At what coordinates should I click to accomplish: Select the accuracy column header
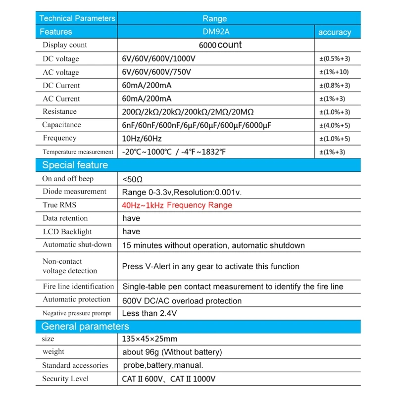click(335, 32)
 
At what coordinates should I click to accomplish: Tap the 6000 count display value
click(220, 45)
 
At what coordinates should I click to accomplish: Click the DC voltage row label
click(61, 59)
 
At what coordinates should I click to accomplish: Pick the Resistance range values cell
click(191, 112)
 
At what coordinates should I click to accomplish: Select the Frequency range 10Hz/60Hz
click(142, 139)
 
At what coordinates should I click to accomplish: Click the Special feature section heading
click(75, 165)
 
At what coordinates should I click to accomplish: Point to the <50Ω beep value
click(133, 179)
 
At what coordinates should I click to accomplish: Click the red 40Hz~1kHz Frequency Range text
click(177, 205)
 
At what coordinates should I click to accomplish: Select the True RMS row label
click(59, 205)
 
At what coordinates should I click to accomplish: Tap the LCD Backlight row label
click(67, 232)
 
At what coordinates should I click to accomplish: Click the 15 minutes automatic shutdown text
click(213, 245)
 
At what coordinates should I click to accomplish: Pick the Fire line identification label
click(78, 287)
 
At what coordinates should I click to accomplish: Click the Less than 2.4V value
click(149, 313)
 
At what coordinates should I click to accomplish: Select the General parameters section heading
click(85, 327)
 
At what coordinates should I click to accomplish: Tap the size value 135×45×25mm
click(149, 339)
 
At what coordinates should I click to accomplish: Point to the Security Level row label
click(65, 379)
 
